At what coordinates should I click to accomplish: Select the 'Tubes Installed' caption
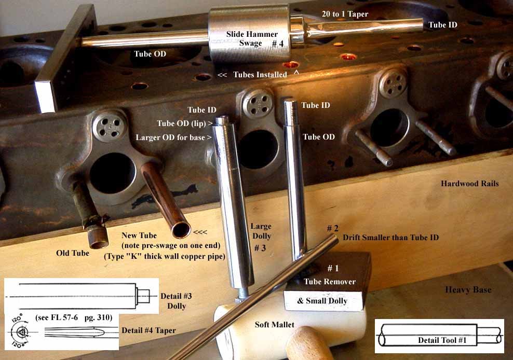pos(260,75)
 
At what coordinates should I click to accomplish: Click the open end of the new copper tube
pos(182,230)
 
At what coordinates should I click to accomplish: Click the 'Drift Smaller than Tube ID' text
pos(390,238)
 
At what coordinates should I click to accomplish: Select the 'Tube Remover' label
pos(330,282)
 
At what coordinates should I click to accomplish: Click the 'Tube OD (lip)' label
pos(185,123)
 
